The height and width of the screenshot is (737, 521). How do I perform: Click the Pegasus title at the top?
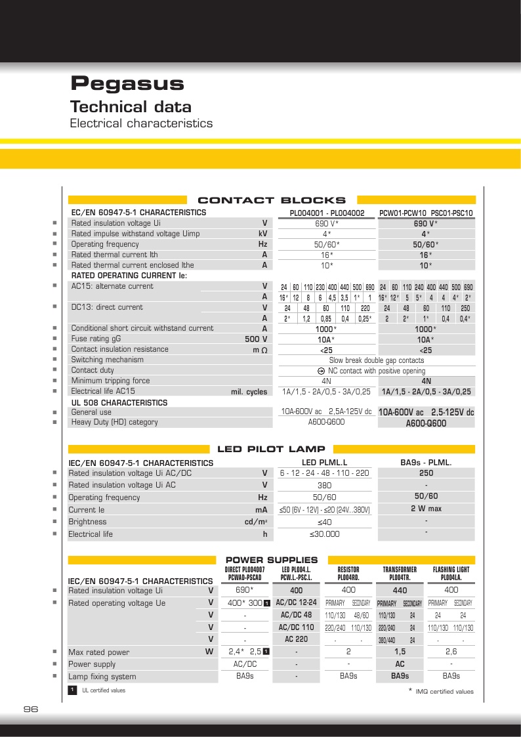tap(127, 84)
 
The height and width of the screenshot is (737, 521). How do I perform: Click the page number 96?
tap(31, 709)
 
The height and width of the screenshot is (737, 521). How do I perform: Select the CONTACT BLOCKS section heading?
tap(272, 200)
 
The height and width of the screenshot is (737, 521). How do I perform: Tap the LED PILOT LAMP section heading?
tap(271, 449)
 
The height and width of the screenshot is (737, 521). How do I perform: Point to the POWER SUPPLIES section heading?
tap(272, 560)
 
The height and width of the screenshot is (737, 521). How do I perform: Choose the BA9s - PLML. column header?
tap(426, 462)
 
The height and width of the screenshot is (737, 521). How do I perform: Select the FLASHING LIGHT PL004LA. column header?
tap(451, 574)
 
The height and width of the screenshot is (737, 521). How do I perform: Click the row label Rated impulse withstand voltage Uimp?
tap(135, 234)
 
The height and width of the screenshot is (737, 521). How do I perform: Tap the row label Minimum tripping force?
tap(110, 381)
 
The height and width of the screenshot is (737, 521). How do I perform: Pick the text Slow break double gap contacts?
tap(376, 360)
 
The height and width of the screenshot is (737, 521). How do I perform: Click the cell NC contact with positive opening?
tap(376, 371)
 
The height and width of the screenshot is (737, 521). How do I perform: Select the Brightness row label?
tap(87, 522)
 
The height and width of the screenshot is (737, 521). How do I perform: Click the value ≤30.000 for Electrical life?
tap(324, 534)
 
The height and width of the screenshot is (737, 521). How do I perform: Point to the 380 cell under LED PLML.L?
tap(324, 486)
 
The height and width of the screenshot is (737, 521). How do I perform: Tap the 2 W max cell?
tap(426, 509)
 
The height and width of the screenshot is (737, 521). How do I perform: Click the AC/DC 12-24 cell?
tap(297, 602)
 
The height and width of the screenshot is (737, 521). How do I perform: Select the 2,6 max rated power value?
tap(451, 652)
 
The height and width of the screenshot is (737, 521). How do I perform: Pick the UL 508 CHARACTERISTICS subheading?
tap(119, 402)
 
